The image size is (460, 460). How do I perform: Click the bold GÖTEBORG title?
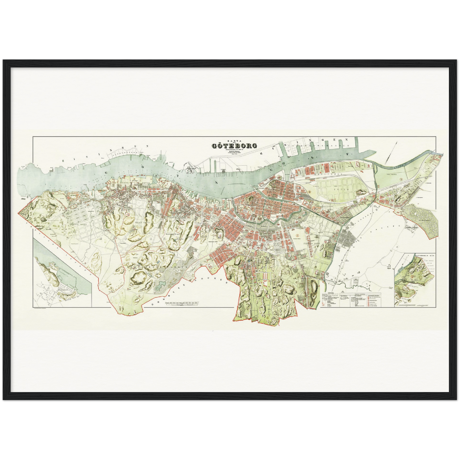click(x=234, y=146)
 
